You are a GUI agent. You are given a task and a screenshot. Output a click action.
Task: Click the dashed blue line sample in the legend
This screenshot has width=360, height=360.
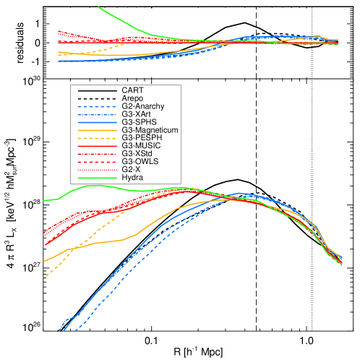click(x=97, y=107)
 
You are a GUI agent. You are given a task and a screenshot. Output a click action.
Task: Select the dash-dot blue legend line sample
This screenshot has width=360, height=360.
click(x=97, y=115)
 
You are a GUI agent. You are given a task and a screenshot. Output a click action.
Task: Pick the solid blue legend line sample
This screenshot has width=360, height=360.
click(x=97, y=123)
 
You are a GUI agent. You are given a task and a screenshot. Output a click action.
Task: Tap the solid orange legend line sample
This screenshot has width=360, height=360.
click(x=97, y=131)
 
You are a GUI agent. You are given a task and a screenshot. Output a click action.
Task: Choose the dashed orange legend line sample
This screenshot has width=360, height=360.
click(x=97, y=138)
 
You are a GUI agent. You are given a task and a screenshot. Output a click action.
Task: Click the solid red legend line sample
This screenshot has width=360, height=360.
click(x=97, y=146)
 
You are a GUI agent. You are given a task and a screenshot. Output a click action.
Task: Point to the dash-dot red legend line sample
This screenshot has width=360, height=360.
click(x=97, y=154)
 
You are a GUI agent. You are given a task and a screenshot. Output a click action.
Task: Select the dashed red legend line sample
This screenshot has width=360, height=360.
click(x=97, y=162)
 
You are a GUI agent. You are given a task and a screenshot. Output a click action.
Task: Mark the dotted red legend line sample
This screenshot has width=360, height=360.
click(x=97, y=170)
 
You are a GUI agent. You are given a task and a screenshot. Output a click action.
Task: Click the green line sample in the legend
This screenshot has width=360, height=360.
click(x=97, y=178)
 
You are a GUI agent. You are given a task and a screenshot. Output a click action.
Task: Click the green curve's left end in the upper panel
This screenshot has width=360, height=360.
click(x=98, y=7)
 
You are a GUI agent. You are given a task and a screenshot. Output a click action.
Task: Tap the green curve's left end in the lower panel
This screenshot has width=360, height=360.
click(x=44, y=201)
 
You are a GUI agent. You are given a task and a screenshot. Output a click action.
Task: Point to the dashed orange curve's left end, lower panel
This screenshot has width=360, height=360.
click(x=46, y=276)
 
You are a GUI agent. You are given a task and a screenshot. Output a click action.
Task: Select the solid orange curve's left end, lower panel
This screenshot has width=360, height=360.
click(x=44, y=262)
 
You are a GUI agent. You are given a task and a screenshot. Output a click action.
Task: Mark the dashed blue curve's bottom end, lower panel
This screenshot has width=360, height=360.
click(x=75, y=331)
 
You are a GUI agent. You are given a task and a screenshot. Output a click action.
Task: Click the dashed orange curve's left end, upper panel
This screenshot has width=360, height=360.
click(x=59, y=51)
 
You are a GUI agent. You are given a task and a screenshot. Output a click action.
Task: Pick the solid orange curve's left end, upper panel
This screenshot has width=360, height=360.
click(x=59, y=54)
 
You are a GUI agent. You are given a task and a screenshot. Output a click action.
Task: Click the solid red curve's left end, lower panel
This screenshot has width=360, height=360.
click(x=45, y=244)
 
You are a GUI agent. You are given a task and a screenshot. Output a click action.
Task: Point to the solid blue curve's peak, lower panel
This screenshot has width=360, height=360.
click(x=239, y=194)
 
